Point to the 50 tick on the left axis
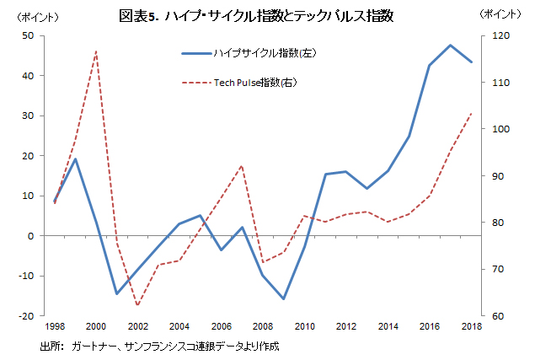pyautogui.click(x=28, y=35)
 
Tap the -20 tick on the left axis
pyautogui.click(x=26, y=316)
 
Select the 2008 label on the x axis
pyautogui.click(x=263, y=326)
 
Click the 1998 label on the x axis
pyautogui.click(x=55, y=326)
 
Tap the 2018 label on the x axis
pyautogui.click(x=471, y=326)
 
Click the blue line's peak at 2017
pyautogui.click(x=450, y=46)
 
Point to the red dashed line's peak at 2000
pyautogui.click(x=96, y=51)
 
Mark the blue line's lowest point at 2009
pyautogui.click(x=284, y=298)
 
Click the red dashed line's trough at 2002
pyautogui.click(x=138, y=305)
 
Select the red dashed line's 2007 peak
pyautogui.click(x=242, y=165)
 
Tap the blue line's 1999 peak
pyautogui.click(x=76, y=159)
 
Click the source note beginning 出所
pyautogui.click(x=160, y=347)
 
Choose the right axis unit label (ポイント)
pyautogui.click(x=500, y=15)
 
